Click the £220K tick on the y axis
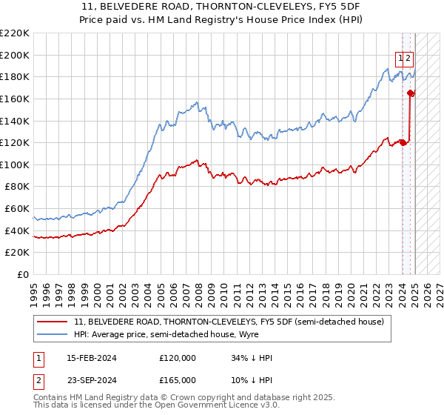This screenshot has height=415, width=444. (x=15, y=33)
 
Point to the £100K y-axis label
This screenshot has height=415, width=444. (x=15, y=165)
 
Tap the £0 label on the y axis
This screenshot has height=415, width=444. (x=22, y=274)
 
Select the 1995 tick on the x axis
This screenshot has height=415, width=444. (x=34, y=288)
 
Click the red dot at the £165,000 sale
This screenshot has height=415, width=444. (x=411, y=93)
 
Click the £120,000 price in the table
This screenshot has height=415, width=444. (x=178, y=357)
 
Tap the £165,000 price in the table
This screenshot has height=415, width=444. (x=178, y=379)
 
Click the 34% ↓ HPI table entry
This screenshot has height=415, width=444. (x=252, y=357)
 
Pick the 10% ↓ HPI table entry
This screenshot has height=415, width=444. (x=252, y=379)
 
